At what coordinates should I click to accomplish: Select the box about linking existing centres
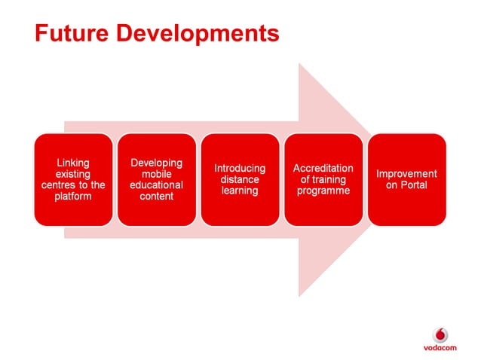(x=73, y=179)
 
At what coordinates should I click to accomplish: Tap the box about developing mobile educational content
(x=157, y=179)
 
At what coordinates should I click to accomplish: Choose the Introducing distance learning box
(x=240, y=179)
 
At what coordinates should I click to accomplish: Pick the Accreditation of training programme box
(x=323, y=179)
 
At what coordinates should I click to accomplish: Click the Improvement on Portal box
(x=406, y=179)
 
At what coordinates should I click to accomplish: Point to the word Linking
(x=73, y=163)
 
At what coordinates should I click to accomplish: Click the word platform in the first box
(x=73, y=197)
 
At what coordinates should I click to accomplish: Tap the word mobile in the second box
(x=157, y=174)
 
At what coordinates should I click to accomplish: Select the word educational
(x=157, y=185)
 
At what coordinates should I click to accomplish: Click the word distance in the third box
(x=240, y=180)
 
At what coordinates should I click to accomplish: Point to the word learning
(x=240, y=191)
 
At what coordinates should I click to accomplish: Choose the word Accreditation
(x=323, y=169)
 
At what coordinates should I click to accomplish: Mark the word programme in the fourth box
(x=323, y=191)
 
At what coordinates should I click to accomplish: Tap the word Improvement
(x=406, y=174)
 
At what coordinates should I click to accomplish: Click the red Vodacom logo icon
(x=440, y=334)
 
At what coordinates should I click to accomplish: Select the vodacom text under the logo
(x=440, y=348)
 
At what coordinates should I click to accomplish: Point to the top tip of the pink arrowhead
(x=300, y=65)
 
